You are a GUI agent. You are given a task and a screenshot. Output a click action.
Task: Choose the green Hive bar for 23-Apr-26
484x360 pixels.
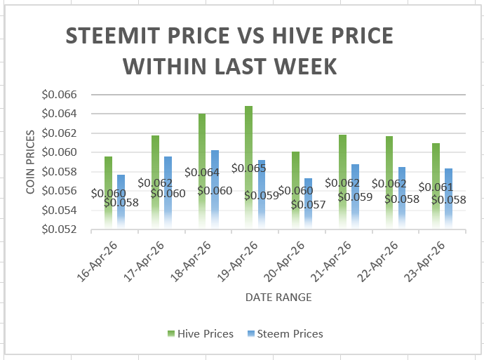click(x=436, y=186)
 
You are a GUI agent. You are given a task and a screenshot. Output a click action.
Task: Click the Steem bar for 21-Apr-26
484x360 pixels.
click(x=355, y=196)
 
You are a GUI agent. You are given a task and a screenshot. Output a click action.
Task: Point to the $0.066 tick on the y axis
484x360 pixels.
click(x=61, y=94)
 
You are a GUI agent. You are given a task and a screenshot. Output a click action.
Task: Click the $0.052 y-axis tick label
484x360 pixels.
click(x=61, y=229)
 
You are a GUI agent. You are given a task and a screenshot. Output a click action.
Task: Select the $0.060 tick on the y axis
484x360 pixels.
click(x=61, y=152)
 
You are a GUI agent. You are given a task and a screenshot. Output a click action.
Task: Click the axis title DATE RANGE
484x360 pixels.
click(x=278, y=298)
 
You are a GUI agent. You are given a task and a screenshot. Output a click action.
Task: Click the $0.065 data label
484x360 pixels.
click(x=248, y=168)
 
